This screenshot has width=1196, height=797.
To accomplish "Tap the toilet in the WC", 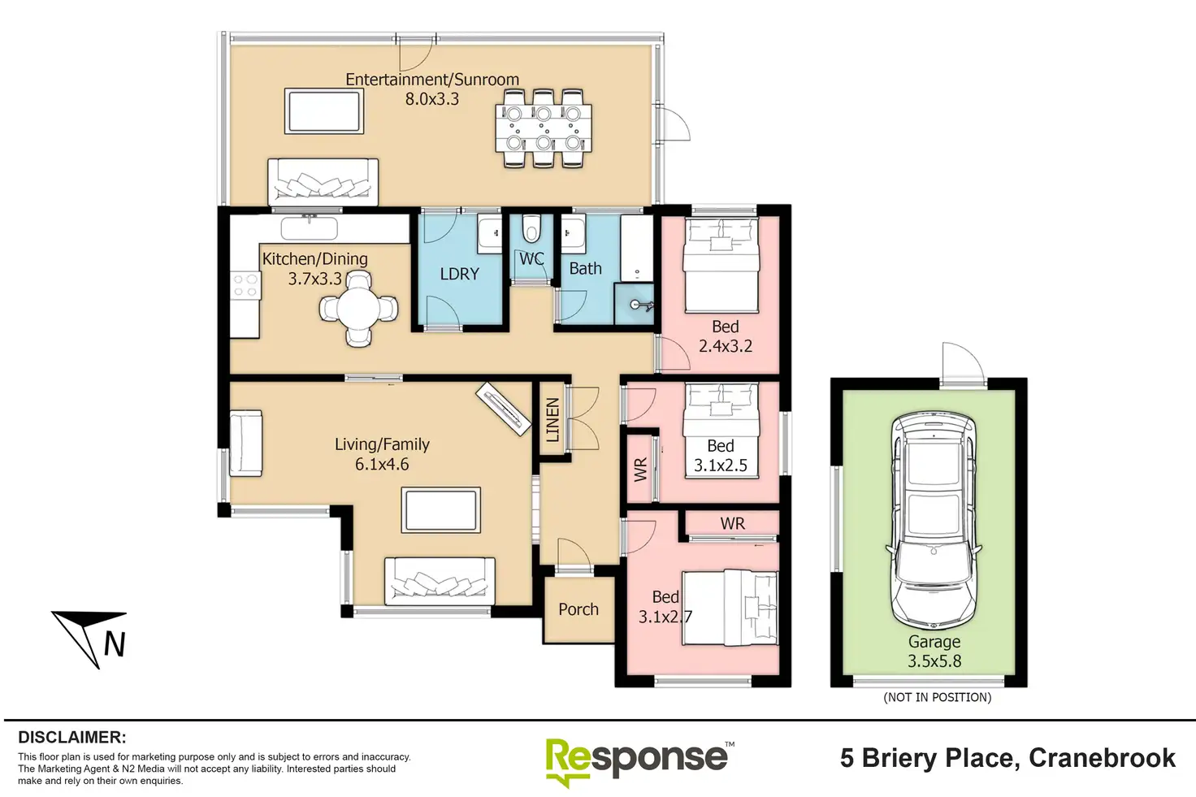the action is tap(531, 229).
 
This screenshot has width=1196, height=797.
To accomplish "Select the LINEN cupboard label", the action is tap(552, 420).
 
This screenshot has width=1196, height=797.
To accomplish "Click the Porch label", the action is tap(578, 609).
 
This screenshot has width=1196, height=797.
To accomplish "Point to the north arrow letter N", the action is tap(115, 644).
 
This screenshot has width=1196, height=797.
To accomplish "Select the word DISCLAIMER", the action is tap(72, 737).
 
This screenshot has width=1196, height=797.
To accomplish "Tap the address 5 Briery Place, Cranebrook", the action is tap(1007, 758).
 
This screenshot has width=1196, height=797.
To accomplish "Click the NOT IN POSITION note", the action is tap(938, 697).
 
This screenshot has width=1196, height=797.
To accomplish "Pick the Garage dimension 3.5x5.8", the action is tap(934, 661).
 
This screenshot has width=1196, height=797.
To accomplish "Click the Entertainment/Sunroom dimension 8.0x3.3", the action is tap(432, 99).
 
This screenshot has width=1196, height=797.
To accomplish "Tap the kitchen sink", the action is tap(309, 228).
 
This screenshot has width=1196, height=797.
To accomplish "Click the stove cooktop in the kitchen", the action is tap(245, 285).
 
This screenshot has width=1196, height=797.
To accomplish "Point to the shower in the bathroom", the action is tap(634, 304).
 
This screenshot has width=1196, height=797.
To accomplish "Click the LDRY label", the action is tap(460, 274).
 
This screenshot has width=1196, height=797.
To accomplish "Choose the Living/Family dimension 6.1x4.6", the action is tap(382, 465).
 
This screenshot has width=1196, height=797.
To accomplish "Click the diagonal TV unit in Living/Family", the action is tap(503, 409).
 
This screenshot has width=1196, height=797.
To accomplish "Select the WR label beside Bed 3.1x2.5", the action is tap(640, 470).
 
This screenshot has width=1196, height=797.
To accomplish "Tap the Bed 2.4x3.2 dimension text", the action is tap(726, 346).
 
